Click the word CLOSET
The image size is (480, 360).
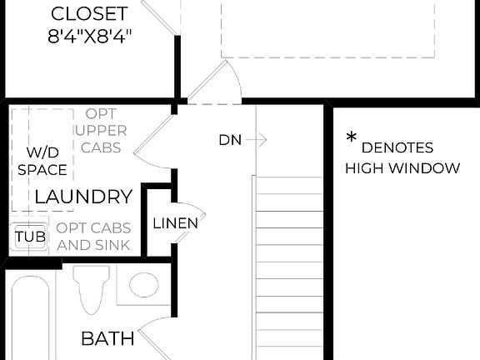point(89,14)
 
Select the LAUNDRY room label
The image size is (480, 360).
point(83,197)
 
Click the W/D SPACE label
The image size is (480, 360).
point(42,161)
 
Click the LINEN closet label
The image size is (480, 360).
point(175,222)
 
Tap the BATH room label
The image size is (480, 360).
point(107,338)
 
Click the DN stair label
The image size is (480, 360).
point(230,140)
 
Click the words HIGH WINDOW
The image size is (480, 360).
point(402,168)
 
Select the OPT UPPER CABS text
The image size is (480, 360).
point(101,131)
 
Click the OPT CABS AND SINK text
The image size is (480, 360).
point(93,237)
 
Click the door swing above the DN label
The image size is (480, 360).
point(218,83)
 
